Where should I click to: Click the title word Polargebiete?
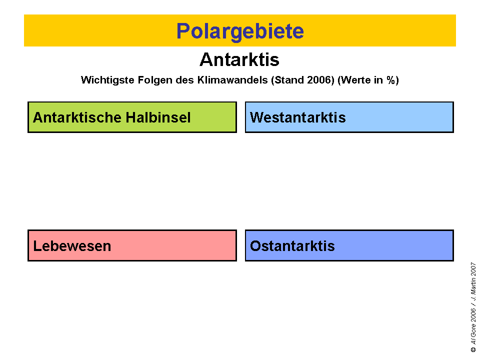coord(240,31)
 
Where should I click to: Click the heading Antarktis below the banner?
coord(239,59)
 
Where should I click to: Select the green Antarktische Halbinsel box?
coord(132,117)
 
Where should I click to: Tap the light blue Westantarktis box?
coord(349,117)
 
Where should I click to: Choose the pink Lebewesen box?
coord(132,245)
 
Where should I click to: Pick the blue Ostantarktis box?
coord(349,245)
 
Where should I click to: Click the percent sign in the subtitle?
coord(391,80)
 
